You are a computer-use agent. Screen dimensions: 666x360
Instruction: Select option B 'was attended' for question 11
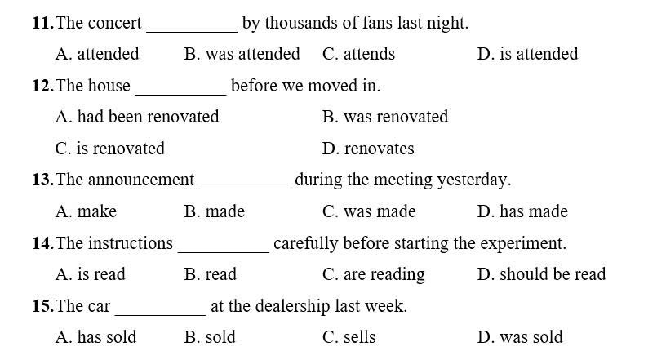tap(242, 54)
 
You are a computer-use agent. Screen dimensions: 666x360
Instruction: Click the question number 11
tap(43, 23)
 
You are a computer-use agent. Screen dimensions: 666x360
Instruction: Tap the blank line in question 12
tap(181, 95)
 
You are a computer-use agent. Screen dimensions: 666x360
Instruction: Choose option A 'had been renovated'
tap(137, 117)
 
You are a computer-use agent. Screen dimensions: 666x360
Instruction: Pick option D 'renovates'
tap(368, 149)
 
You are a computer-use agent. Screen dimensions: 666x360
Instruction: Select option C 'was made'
tap(369, 211)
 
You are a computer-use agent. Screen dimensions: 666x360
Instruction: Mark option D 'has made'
tap(522, 211)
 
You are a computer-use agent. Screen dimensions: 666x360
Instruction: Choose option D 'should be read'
tap(542, 274)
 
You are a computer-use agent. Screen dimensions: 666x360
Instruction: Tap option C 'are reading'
tap(373, 275)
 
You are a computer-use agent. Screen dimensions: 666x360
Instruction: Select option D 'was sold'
tap(520, 337)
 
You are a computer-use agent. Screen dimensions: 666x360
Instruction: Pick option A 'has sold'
tap(95, 337)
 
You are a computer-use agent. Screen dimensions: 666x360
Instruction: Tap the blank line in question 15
tap(161, 315)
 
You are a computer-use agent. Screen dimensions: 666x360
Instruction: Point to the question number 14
tap(43, 243)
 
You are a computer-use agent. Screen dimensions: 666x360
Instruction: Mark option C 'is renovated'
tap(109, 149)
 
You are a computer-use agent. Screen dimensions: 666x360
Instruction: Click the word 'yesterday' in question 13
tap(473, 180)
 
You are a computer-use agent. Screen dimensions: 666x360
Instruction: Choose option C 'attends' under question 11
tap(358, 54)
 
